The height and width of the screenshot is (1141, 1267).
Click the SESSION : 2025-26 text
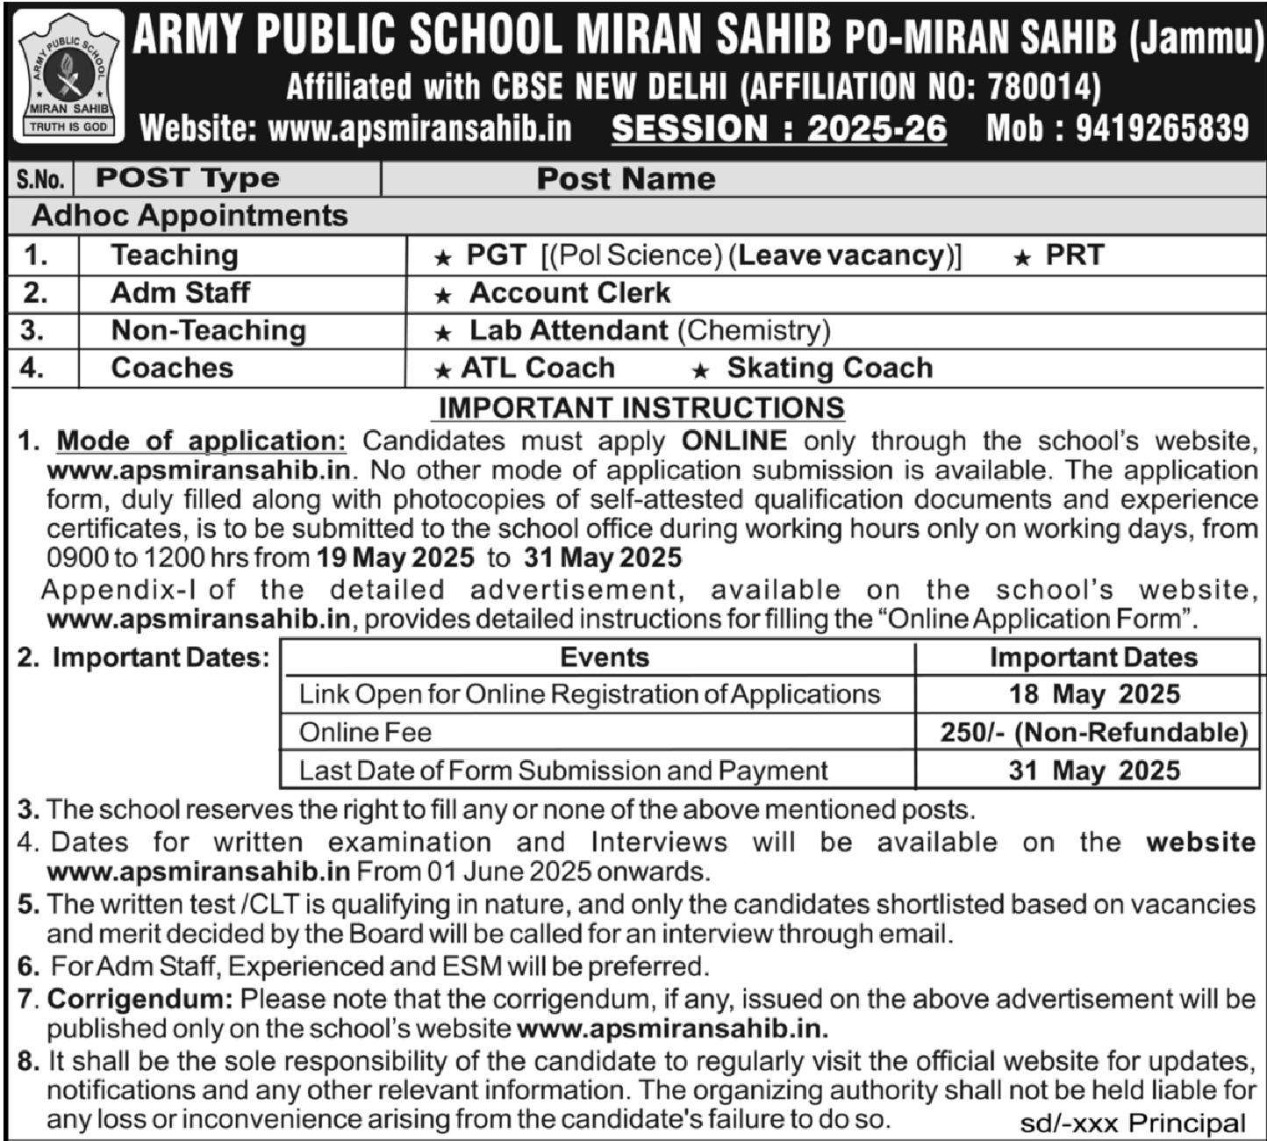coord(779,129)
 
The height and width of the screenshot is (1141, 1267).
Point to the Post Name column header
coord(626,179)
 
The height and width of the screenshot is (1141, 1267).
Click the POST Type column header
coord(188,178)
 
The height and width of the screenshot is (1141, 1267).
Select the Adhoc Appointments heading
coord(190,216)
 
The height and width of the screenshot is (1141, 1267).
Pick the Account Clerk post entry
coord(569,292)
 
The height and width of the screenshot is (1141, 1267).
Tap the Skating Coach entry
coord(829,368)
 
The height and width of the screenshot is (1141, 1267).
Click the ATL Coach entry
coord(538,368)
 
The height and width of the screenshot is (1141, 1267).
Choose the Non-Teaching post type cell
coord(208,330)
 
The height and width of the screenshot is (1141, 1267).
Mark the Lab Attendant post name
coord(569,330)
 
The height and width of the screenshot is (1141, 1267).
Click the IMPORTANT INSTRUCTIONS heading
coord(641,407)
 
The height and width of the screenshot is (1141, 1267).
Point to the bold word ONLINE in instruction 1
coord(734,441)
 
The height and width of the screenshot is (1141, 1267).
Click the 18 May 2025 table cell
coord(1093,694)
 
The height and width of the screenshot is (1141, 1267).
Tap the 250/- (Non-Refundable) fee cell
coord(1093,732)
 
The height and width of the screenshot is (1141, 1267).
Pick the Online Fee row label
coord(365,732)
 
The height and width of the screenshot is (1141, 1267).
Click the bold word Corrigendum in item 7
coord(140,999)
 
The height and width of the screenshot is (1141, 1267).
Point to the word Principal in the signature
coord(1186,1123)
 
